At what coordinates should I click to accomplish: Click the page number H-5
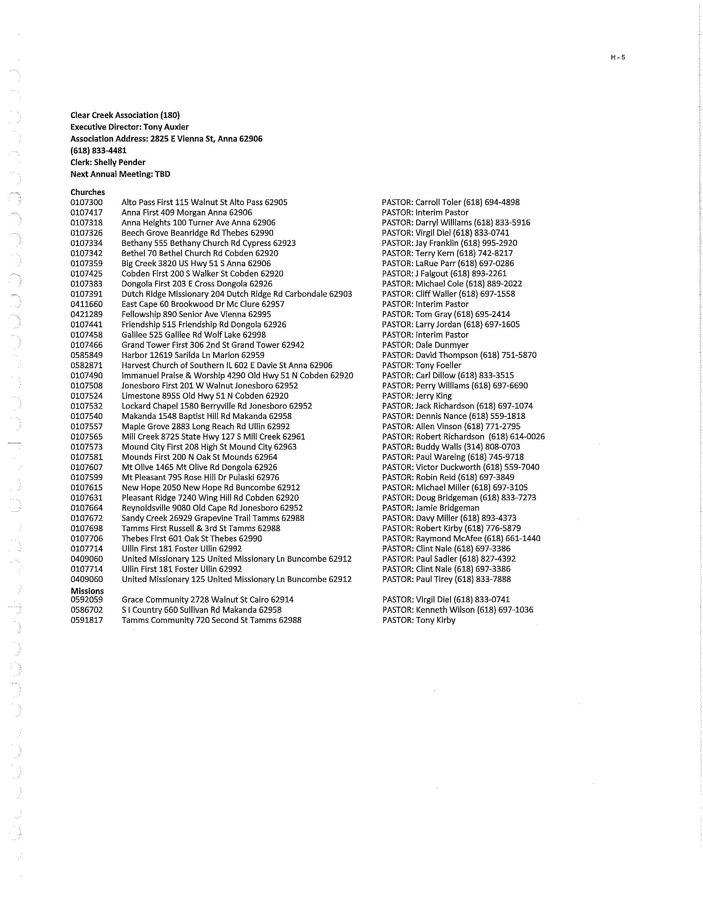[618, 58]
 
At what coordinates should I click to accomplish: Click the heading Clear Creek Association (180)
[125, 115]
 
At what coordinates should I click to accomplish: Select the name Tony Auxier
[166, 127]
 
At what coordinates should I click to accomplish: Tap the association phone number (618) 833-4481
[99, 151]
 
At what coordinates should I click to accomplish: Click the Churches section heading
[87, 192]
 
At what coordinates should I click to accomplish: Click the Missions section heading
[87, 591]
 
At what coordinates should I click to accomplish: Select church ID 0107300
[86, 203]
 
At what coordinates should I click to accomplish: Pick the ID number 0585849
[86, 355]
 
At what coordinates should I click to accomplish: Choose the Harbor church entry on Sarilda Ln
[193, 355]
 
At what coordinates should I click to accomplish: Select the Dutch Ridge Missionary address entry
[236, 294]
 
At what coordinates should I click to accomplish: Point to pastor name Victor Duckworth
[448, 467]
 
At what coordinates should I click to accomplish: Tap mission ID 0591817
[86, 620]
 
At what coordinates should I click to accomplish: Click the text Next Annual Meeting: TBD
[120, 174]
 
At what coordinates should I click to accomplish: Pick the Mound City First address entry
[209, 447]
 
